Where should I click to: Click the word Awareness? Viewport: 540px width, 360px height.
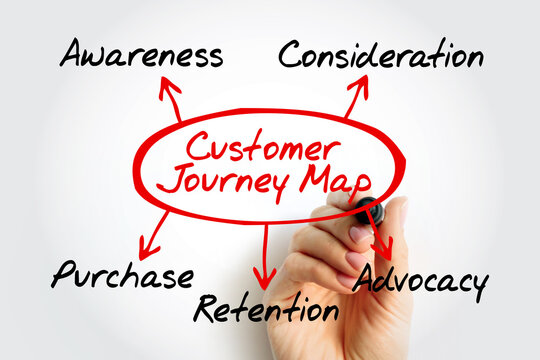(x=141, y=54)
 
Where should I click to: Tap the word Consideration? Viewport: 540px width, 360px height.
(x=381, y=54)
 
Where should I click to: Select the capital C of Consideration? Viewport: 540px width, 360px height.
(x=291, y=54)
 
